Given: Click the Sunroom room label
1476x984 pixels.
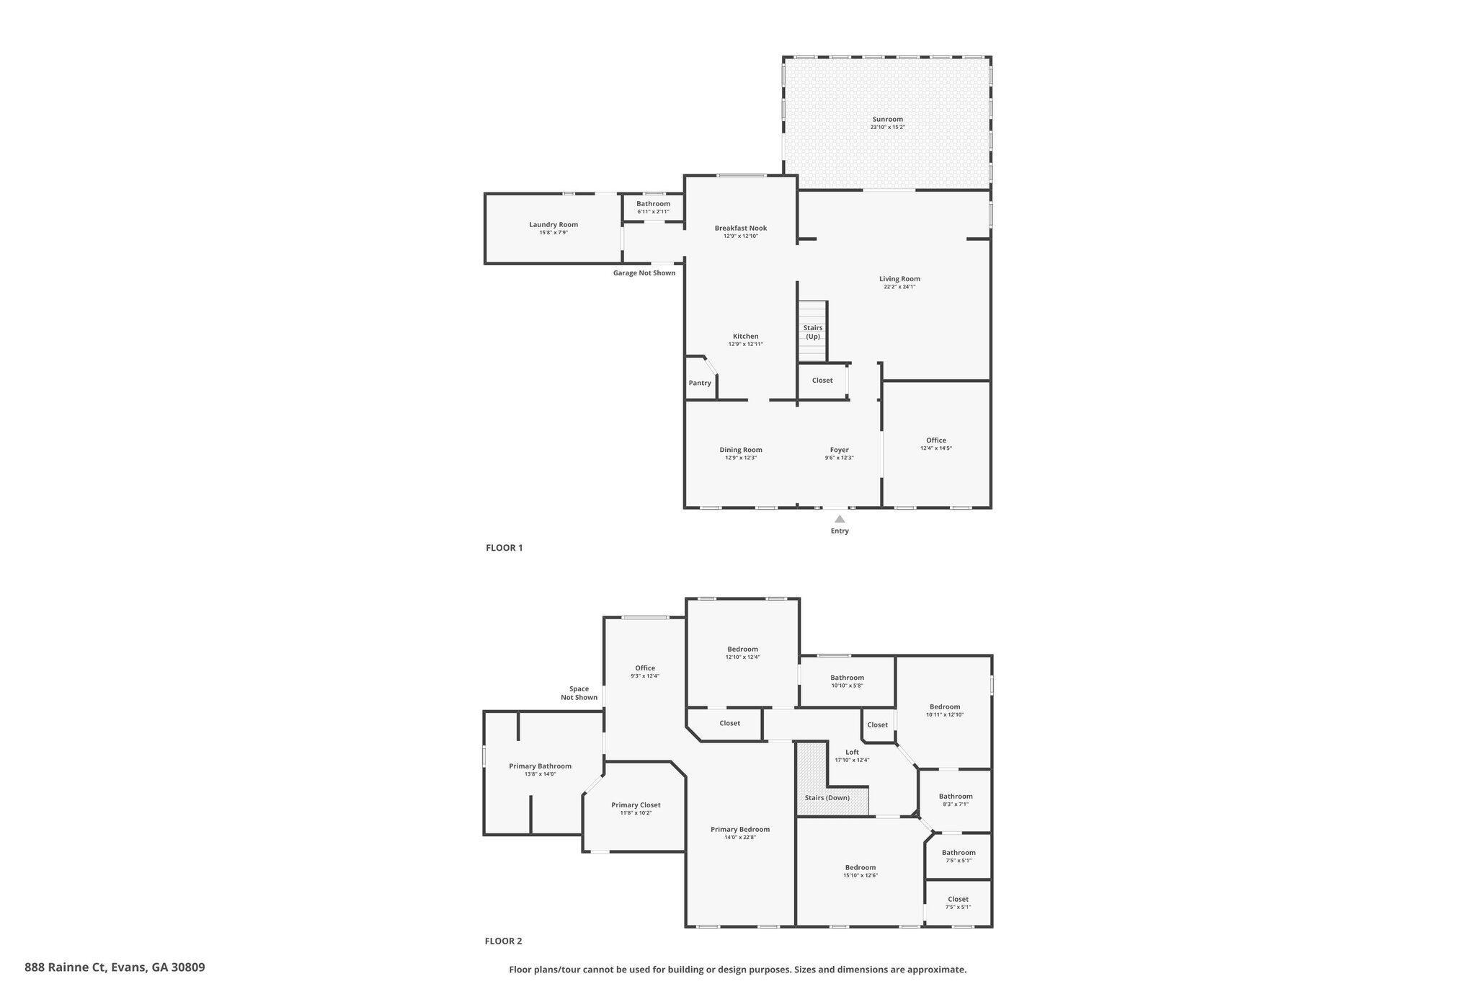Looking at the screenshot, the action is [x=887, y=120].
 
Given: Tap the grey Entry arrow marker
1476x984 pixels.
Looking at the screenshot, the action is [x=840, y=518].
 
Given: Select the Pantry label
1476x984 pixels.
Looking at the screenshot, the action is [x=700, y=383].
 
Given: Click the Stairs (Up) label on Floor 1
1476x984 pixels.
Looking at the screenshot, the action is [x=813, y=332].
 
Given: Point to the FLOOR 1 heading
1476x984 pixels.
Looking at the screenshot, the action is [x=504, y=548].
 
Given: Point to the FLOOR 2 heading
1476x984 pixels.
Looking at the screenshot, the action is [x=503, y=941].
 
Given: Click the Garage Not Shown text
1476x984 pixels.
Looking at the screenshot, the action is [x=644, y=273].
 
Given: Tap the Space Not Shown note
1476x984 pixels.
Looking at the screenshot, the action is [x=579, y=693].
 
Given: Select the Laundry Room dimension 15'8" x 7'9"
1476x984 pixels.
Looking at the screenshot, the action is [x=553, y=233].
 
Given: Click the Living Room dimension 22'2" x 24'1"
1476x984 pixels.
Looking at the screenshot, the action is [x=899, y=287].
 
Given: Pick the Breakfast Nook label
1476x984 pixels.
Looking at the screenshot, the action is [x=741, y=229].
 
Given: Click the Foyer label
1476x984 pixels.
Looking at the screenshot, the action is [x=840, y=450].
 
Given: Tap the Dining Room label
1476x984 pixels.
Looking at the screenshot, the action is [x=741, y=450].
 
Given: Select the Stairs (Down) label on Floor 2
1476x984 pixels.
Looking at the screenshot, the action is [x=827, y=798].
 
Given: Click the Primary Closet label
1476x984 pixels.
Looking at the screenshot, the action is [x=636, y=805].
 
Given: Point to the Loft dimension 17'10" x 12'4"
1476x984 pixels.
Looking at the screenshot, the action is [x=852, y=761].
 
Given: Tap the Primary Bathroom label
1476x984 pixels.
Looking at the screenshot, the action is [x=541, y=766].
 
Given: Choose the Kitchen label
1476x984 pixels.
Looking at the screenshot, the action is [x=746, y=337].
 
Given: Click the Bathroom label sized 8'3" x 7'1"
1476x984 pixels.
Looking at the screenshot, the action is [x=956, y=797].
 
